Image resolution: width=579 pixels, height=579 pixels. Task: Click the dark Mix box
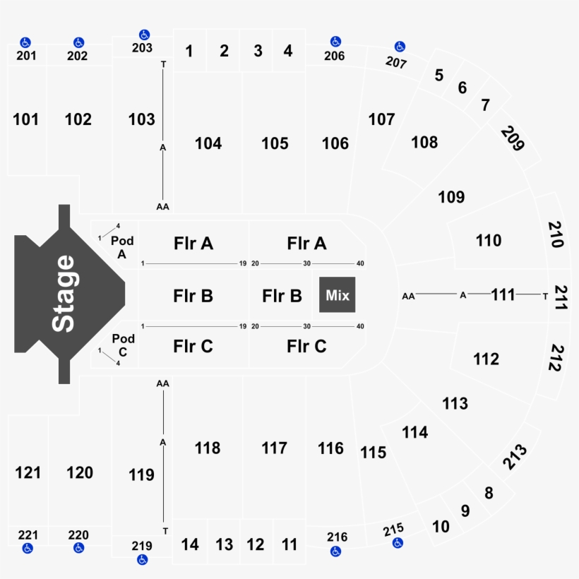pyautogui.click(x=338, y=295)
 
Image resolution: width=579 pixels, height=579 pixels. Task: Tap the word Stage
pyautogui.click(x=64, y=293)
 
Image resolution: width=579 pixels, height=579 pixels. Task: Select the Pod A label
pyautogui.click(x=122, y=248)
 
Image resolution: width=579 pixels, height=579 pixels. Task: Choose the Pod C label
pyautogui.click(x=123, y=345)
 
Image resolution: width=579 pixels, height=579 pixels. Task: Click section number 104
pyautogui.click(x=208, y=144)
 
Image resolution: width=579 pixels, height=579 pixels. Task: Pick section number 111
pyautogui.click(x=503, y=294)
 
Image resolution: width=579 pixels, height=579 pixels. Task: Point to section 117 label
pyautogui.click(x=274, y=448)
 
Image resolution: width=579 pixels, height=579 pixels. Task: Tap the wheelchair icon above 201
pyautogui.click(x=25, y=42)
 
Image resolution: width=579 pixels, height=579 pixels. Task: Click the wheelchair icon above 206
pyautogui.click(x=335, y=42)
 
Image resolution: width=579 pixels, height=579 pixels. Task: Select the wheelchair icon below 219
pyautogui.click(x=142, y=559)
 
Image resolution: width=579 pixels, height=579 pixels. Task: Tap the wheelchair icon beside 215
pyautogui.click(x=398, y=543)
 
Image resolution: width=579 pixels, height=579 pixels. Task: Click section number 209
pyautogui.click(x=513, y=138)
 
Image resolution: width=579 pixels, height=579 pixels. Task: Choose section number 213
pyautogui.click(x=515, y=456)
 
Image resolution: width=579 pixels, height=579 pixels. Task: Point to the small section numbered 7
pyautogui.click(x=485, y=105)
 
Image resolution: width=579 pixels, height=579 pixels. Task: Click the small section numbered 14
pyautogui.click(x=190, y=544)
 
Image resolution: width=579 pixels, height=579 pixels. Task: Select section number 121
pyautogui.click(x=28, y=472)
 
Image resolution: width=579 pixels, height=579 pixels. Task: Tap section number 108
pyautogui.click(x=424, y=143)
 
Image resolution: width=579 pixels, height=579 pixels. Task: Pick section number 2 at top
pyautogui.click(x=224, y=51)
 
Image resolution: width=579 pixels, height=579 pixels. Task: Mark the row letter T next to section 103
pyautogui.click(x=164, y=64)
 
